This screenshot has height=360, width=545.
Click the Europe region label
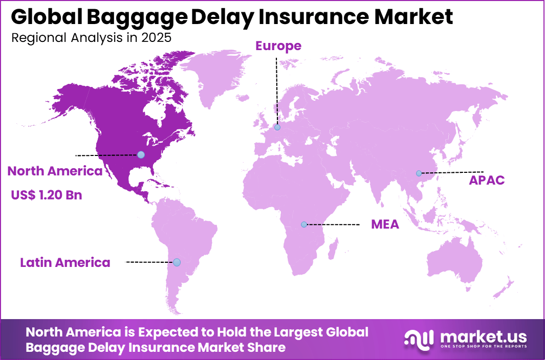(278, 46)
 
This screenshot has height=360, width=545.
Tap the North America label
(55, 171)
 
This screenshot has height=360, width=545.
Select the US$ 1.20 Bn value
(46, 195)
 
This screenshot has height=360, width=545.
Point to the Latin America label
(65, 263)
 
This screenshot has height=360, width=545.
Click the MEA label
(385, 224)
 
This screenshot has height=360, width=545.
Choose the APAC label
(487, 180)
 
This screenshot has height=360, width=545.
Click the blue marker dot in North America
(141, 154)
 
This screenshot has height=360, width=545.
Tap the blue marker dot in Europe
(277, 127)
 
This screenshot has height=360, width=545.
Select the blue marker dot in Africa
(304, 224)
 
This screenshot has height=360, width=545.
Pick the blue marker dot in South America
(177, 262)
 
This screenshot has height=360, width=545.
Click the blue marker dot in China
(419, 173)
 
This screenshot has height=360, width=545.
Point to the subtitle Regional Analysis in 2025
(91, 38)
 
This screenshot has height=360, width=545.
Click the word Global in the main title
(39, 17)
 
